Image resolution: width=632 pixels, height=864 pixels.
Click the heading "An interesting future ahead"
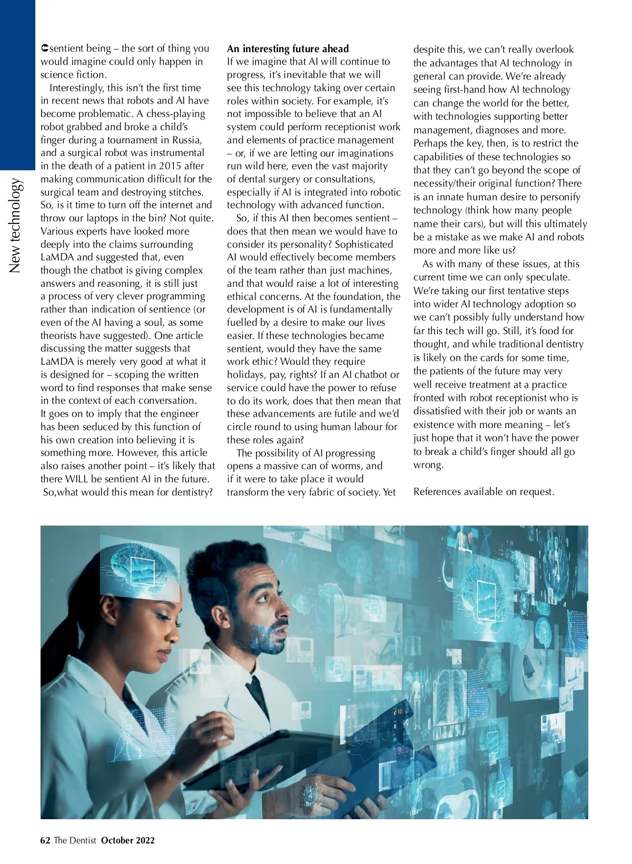point(288,49)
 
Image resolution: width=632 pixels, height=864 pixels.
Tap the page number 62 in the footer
point(45,841)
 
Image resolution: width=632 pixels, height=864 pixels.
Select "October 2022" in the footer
point(128,841)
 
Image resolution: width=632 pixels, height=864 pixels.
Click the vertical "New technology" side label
point(16,227)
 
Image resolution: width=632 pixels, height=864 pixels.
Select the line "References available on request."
point(484,492)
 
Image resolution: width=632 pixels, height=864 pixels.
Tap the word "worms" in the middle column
point(364,466)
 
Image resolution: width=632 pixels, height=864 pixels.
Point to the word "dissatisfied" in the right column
point(439,411)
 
